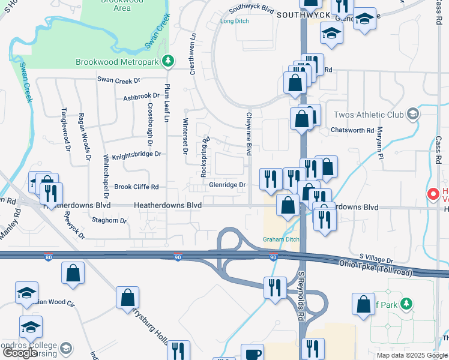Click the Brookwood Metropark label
[119, 61]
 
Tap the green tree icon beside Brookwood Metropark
[169, 61]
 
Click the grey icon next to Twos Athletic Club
[412, 113]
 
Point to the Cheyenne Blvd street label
[248, 133]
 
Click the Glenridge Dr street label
[228, 185]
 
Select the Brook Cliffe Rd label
[136, 187]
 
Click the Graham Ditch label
[281, 239]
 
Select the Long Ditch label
[234, 22]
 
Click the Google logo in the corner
[21, 353]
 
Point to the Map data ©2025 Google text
[411, 355]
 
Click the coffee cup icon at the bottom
[252, 353]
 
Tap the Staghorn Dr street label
[110, 221]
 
